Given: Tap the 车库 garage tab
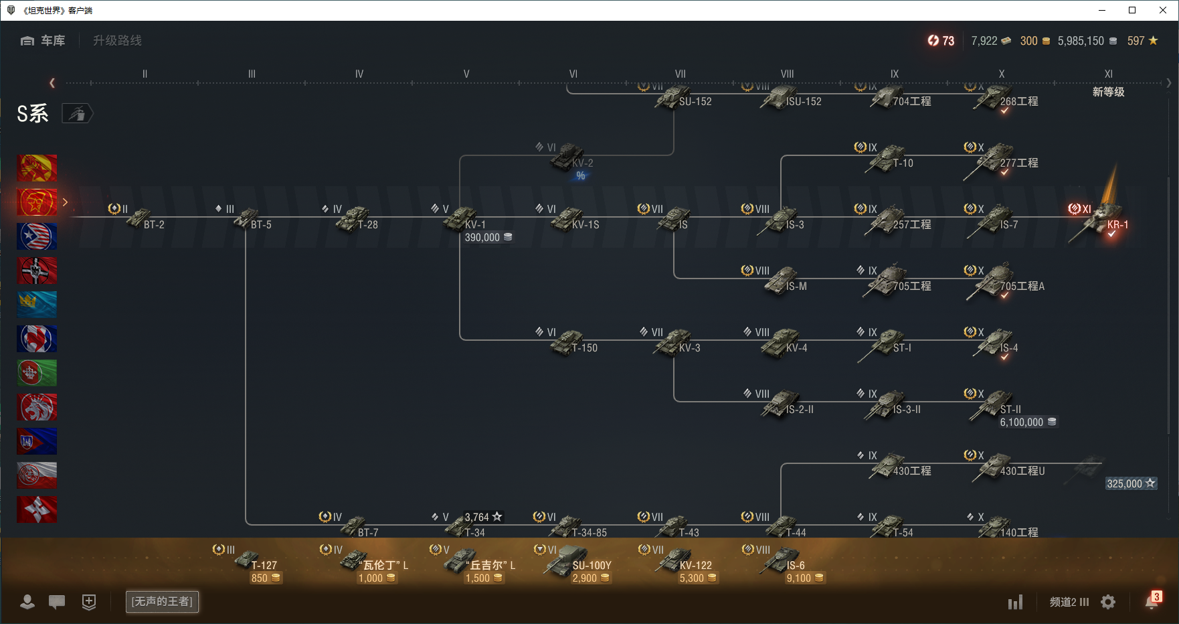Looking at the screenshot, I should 43,41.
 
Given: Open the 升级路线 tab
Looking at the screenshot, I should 117,41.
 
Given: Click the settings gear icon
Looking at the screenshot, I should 1108,602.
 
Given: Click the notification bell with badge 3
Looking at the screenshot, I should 1151,602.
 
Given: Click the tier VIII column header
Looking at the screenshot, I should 787,74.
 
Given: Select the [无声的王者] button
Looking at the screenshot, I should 162,601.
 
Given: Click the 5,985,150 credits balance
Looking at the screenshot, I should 1081,41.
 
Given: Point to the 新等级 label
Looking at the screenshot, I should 1108,92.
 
